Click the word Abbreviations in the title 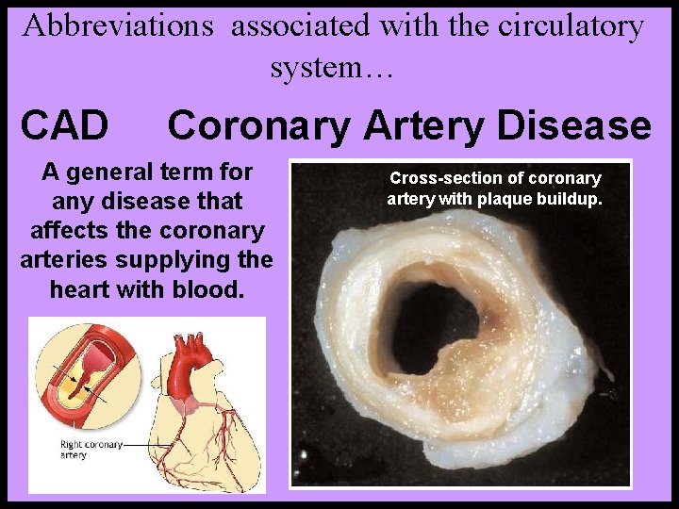click(118, 25)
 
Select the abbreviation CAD click(64, 124)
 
